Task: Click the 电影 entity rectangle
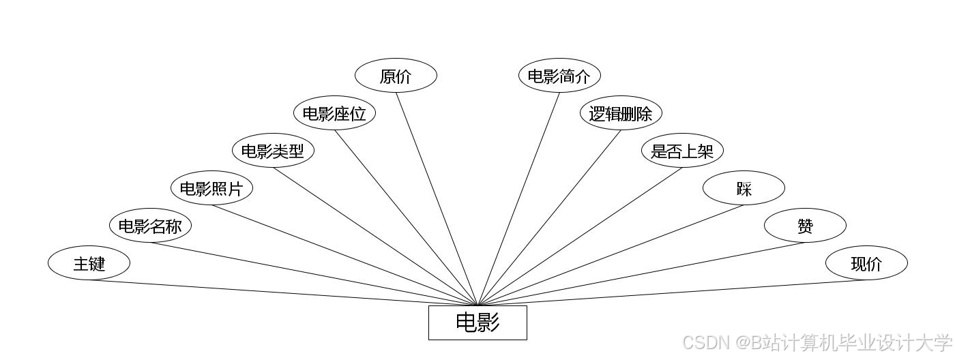[477, 322]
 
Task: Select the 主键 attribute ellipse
[89, 263]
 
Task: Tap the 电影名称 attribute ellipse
[150, 226]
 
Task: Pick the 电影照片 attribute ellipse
[211, 188]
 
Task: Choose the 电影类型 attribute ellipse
[273, 151]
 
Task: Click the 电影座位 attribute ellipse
[334, 113]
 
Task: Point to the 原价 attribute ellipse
[396, 76]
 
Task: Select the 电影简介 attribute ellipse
[559, 76]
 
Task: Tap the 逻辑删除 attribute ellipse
[621, 113]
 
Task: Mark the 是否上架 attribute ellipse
[682, 151]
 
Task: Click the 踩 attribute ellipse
[744, 188]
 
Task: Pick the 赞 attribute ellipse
[805, 226]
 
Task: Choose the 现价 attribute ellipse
[866, 263]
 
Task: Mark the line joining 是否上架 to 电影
[580, 236]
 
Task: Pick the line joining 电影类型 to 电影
[375, 236]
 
